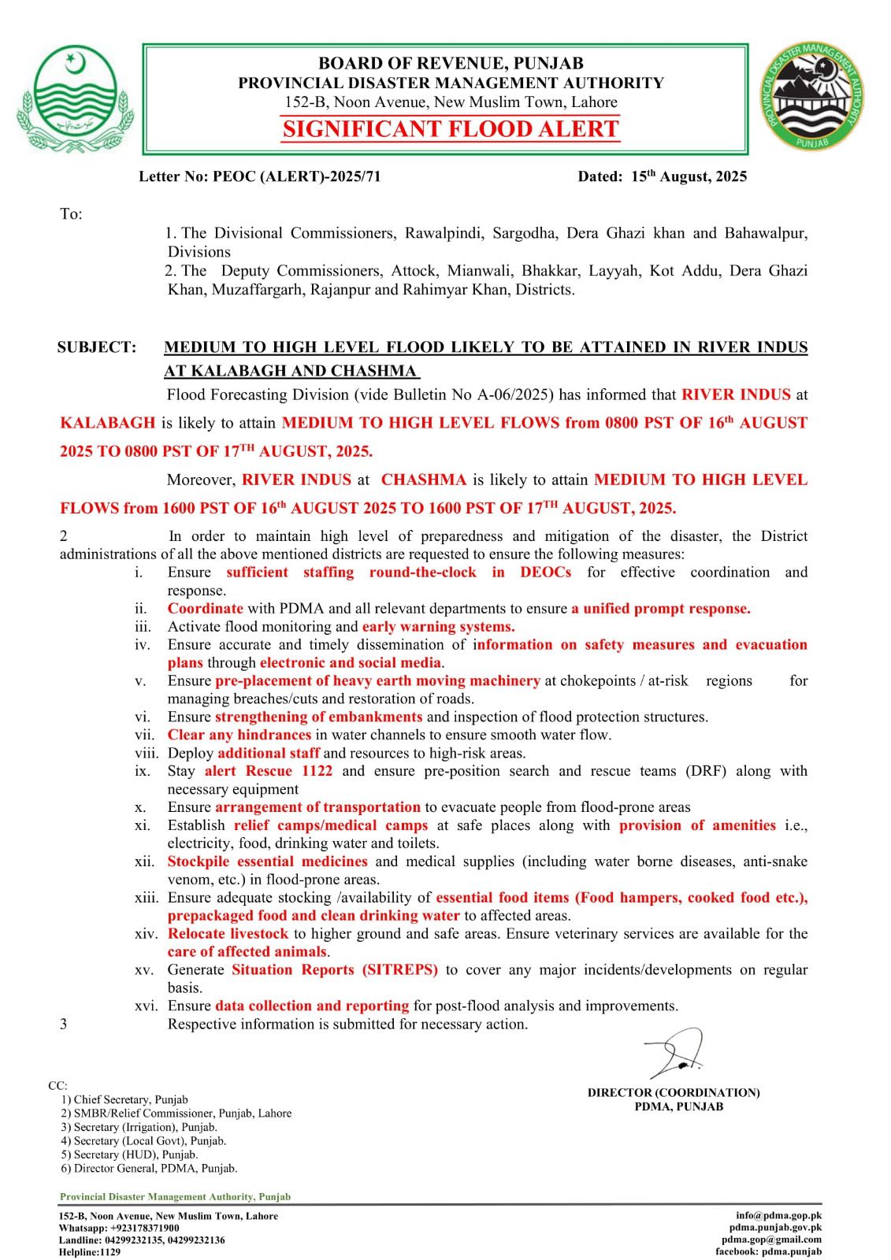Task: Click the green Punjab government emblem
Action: [x=72, y=98]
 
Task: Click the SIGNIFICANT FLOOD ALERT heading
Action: [x=451, y=129]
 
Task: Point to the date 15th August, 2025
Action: [x=689, y=176]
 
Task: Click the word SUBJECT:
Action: [x=96, y=347]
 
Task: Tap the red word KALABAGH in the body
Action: [x=108, y=423]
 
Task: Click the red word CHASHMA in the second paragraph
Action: [x=423, y=480]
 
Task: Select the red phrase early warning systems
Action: [x=438, y=627]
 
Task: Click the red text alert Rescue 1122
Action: [x=268, y=771]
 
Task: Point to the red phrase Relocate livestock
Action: [x=228, y=934]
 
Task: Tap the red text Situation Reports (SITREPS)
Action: [x=334, y=970]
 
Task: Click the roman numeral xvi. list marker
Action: [x=147, y=1006]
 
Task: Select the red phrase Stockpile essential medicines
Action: [x=267, y=862]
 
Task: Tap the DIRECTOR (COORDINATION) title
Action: [x=674, y=1093]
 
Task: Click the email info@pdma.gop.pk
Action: [x=778, y=1215]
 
